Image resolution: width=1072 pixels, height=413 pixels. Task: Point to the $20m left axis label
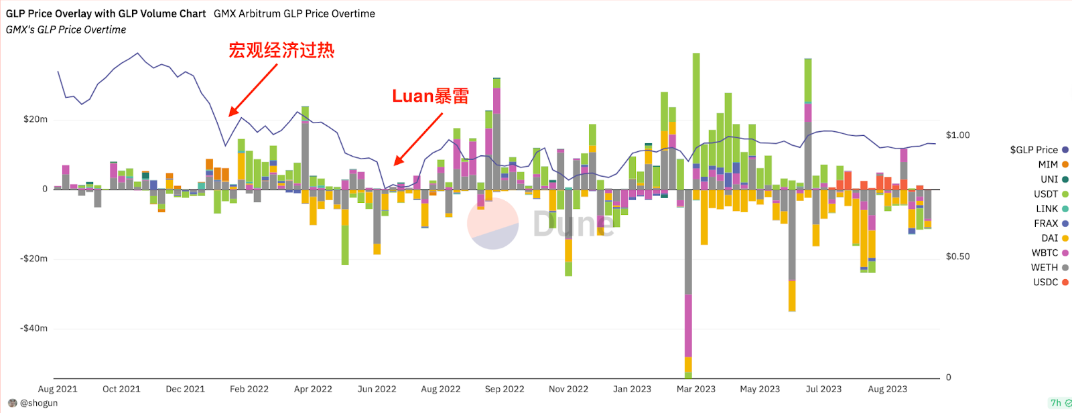point(36,119)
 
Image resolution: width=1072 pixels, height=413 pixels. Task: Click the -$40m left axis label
point(33,328)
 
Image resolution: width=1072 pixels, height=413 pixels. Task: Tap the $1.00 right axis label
point(957,135)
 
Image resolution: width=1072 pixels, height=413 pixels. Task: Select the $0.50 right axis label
point(957,256)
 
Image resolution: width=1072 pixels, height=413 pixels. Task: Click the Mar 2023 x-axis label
point(695,389)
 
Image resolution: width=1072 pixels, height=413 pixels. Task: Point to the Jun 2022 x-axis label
point(377,389)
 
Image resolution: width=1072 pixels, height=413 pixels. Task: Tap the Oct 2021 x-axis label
point(121,389)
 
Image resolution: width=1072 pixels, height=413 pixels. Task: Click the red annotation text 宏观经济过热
point(281,50)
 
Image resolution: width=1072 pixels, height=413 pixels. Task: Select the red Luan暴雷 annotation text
point(430,96)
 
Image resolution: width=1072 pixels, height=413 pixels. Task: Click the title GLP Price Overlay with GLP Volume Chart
point(106,13)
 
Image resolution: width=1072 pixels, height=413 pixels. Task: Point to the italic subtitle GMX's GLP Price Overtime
point(66,29)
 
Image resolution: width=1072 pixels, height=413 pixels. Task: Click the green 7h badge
point(1057,403)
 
